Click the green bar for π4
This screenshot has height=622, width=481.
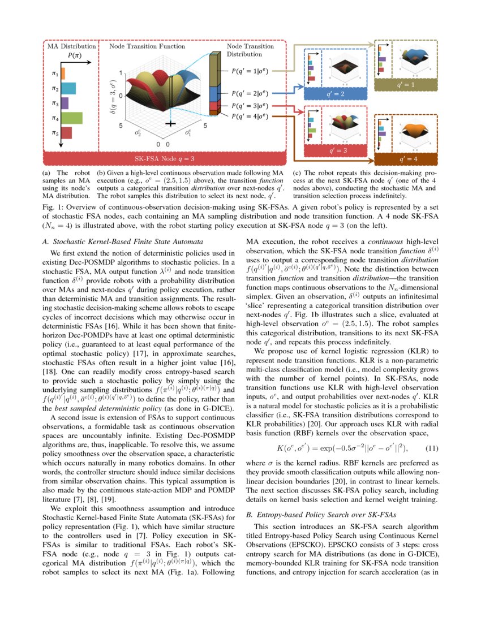click(71, 118)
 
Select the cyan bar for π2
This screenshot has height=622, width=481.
click(68, 88)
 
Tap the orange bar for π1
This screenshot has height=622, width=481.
click(63, 74)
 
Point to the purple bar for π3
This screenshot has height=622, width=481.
click(65, 103)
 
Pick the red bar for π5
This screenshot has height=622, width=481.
click(66, 133)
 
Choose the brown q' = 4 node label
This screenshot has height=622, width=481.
click(408, 159)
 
